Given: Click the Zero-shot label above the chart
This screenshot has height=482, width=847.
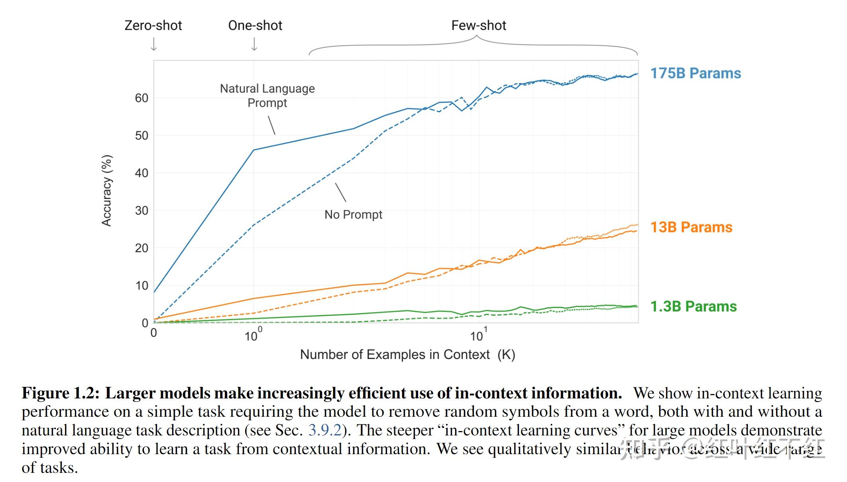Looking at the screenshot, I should point(153,25).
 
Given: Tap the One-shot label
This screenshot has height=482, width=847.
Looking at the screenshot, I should point(255,25).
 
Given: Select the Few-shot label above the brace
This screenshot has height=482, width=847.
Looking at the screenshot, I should point(478,25).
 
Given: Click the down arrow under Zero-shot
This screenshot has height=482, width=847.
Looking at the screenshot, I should point(154,44).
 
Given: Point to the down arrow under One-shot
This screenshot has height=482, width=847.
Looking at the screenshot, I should point(254,44).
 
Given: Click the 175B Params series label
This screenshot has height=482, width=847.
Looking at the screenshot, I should point(695,73).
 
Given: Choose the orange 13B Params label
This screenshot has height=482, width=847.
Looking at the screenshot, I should point(691,227).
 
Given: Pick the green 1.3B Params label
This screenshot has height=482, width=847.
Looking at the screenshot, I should point(693,306).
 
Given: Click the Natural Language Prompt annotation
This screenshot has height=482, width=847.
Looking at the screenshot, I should point(267,96).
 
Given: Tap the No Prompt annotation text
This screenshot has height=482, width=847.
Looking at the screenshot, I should point(353,215).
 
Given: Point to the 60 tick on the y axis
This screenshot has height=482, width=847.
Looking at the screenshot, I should point(141,98).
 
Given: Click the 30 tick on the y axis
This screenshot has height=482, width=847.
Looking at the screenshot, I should point(141,211).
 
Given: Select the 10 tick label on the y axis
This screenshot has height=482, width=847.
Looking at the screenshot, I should point(141,285).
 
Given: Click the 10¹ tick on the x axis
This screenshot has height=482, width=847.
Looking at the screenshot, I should point(478,335).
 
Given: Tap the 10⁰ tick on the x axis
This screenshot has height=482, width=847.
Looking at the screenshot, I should point(253,335).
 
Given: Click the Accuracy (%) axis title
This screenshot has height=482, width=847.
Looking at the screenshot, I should point(106,191).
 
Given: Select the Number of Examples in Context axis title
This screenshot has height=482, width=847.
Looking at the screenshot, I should point(407,354).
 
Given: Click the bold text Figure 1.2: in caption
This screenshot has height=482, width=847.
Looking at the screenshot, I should point(60,393).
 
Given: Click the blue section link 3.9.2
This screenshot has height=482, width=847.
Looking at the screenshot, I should point(325,430).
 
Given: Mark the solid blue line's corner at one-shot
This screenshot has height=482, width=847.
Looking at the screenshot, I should point(254,150).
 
